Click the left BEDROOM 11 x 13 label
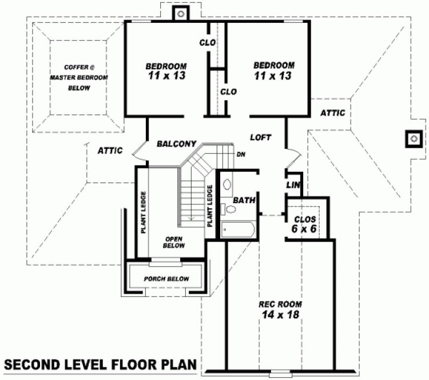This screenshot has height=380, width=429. [165, 70]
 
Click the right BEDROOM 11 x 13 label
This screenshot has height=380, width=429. [274, 70]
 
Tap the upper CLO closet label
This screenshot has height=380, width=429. [207, 43]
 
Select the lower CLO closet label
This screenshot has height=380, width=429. [228, 92]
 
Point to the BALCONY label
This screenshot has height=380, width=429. [177, 144]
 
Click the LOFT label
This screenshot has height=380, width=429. [260, 137]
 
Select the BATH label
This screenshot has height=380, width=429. [244, 200]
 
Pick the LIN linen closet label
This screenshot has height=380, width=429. [293, 185]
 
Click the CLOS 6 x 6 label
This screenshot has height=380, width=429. [305, 224]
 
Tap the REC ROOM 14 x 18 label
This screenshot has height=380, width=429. [280, 309]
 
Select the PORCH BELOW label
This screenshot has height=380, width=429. [166, 279]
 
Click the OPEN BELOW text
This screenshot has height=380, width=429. [174, 242]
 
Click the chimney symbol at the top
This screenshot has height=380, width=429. [181, 13]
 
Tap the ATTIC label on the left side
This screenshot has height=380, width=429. [110, 151]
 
